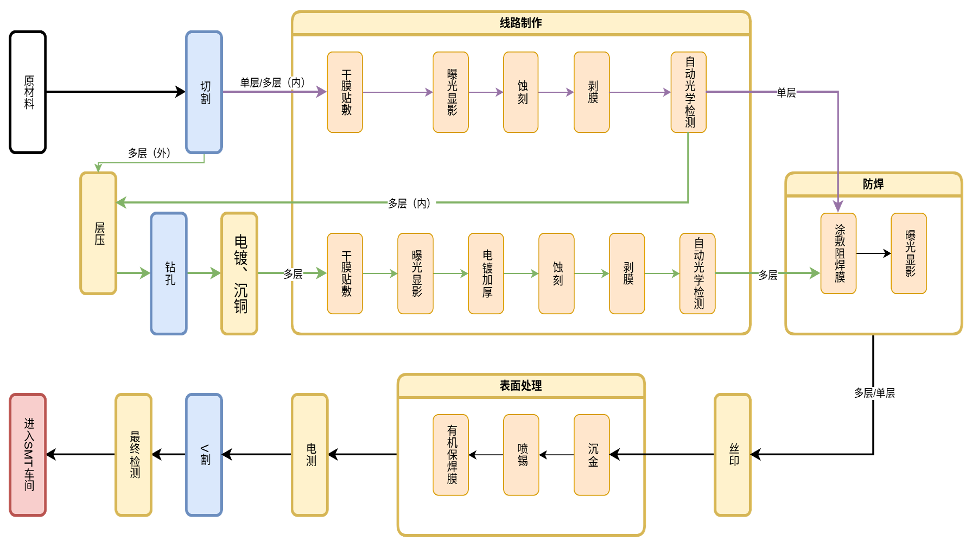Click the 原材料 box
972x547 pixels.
(x=28, y=92)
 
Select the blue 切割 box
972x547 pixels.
(x=204, y=92)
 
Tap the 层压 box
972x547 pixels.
(x=98, y=233)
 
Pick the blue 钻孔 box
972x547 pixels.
(x=169, y=273)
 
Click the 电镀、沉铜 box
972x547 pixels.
(x=239, y=273)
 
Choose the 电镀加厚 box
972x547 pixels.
(x=486, y=273)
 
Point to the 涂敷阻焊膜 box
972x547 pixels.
(x=838, y=253)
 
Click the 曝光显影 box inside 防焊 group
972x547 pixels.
(x=909, y=253)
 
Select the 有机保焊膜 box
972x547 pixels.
(x=450, y=455)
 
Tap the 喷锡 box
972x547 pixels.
(x=521, y=455)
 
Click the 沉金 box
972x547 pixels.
(x=592, y=455)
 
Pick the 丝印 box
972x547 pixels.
(x=733, y=455)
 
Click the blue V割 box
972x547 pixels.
(x=204, y=455)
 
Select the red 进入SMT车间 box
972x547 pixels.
(x=28, y=455)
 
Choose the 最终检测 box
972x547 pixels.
(x=134, y=455)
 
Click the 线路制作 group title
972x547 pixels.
(x=521, y=23)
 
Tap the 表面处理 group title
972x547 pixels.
(x=521, y=385)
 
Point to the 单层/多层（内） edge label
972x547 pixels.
(x=275, y=82)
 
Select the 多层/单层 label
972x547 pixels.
(x=874, y=393)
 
